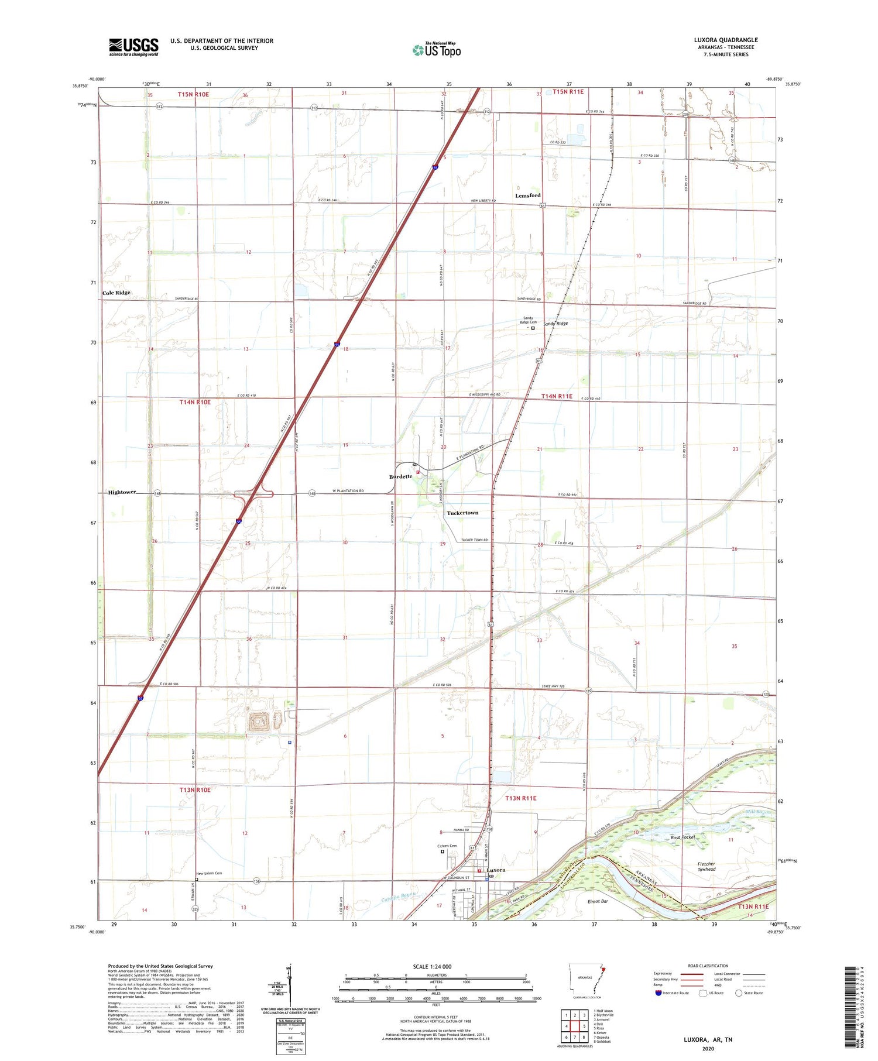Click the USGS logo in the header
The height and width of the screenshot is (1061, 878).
[133, 47]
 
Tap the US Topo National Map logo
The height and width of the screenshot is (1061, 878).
[437, 50]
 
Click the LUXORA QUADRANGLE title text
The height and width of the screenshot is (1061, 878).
[726, 40]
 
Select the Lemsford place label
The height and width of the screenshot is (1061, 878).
[527, 195]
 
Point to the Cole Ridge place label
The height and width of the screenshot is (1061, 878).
[116, 293]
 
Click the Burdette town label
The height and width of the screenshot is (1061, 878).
[401, 476]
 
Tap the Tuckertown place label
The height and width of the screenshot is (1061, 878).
[462, 513]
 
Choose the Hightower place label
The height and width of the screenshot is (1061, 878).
[122, 492]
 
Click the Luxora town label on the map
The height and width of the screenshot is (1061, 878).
[495, 870]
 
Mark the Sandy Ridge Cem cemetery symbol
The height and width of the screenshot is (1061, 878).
[533, 328]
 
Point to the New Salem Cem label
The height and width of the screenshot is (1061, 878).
[209, 873]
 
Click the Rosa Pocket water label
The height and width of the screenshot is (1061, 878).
[682, 837]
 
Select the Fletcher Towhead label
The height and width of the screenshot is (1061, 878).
[706, 867]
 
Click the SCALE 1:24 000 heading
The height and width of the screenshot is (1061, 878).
[432, 967]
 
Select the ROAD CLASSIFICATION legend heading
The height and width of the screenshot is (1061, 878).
[708, 966]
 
